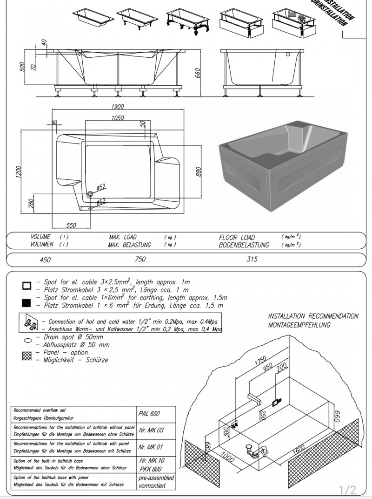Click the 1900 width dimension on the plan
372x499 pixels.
point(118,107)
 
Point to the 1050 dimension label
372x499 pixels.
point(118,118)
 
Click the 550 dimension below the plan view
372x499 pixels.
point(71,226)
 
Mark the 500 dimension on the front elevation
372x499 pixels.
point(21,67)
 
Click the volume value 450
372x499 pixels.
point(45,260)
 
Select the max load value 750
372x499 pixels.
point(140,259)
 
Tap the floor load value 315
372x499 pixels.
point(252,259)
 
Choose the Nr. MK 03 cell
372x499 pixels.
point(151,430)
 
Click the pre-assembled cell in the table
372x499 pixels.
point(156,482)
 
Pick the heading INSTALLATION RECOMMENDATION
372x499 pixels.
point(313,316)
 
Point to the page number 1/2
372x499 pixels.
point(347,490)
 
